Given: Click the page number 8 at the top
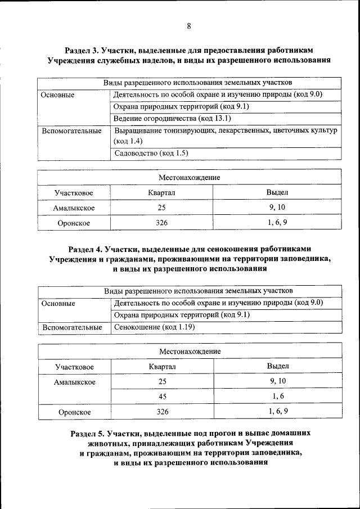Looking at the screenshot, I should click(189, 26).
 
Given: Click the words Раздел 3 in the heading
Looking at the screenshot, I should click(83, 49).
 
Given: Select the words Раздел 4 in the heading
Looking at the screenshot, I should click(87, 249).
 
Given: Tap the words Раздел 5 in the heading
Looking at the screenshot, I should click(89, 434).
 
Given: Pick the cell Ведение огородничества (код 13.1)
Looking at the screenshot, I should click(172, 119).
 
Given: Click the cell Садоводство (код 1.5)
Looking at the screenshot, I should click(151, 153).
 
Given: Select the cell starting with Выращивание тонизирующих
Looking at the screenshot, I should click(225, 136).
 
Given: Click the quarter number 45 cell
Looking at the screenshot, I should click(162, 397).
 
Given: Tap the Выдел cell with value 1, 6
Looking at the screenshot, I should click(277, 397).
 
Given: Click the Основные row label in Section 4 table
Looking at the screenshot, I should click(58, 303).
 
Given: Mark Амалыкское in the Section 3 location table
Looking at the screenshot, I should click(74, 208).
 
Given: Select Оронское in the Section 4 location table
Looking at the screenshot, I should click(74, 412).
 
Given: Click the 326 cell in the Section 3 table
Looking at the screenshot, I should click(162, 223).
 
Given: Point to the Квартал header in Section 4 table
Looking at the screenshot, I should click(162, 367).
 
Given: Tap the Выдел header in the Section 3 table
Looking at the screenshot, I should click(277, 193).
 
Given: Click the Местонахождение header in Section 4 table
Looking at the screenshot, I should click(190, 351).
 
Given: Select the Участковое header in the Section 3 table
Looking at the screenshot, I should click(74, 193).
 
